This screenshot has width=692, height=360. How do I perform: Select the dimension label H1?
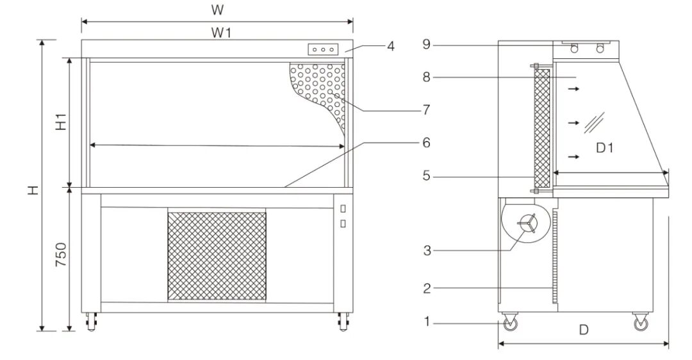(60, 122)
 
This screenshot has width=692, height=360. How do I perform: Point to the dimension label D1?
(605, 148)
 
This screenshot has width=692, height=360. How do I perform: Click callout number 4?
(390, 46)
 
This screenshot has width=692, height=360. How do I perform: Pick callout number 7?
(425, 110)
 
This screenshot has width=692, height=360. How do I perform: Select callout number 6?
(425, 143)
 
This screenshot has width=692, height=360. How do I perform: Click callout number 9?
(425, 44)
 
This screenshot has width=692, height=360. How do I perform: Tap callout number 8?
(425, 77)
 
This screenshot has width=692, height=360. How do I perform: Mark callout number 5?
(425, 175)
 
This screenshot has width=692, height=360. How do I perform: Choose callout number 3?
(425, 250)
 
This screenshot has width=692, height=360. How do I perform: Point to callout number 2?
(425, 288)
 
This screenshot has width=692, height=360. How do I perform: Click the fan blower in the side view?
(527, 224)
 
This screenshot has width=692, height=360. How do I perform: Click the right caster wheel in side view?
(639, 325)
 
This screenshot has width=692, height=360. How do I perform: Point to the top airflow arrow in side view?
(573, 89)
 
